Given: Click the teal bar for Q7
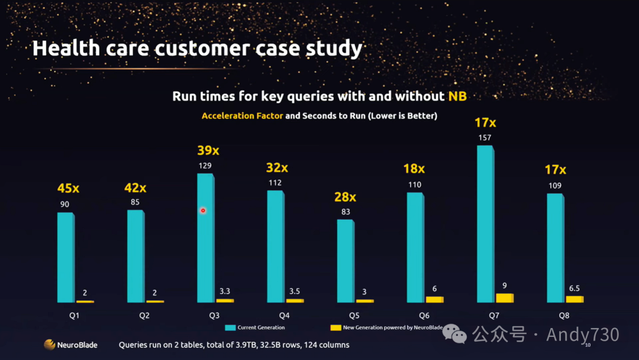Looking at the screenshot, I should point(484,224).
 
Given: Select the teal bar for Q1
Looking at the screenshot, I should point(64,258).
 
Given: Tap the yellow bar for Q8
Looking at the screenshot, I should point(574,299).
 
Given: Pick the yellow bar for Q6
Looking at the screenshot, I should point(434,299).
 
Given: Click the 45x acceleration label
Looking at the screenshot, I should point(68,188).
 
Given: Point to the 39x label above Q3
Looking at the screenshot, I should point(208,150).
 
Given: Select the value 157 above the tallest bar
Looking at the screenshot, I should point(485,138).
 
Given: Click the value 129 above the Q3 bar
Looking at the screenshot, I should point(205,166).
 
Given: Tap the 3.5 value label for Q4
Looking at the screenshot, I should point(295,291).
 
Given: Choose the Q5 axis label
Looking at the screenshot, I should point(354,316).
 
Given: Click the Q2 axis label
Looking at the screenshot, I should point(144,316).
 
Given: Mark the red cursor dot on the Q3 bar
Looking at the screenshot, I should point(203,210).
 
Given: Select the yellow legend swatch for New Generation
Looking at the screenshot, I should point(335,327).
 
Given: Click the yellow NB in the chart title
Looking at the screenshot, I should point(457,96).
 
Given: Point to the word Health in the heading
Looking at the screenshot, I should point(59,48).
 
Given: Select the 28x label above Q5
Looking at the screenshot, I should point(345,197).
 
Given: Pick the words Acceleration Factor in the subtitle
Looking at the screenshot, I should point(242,116).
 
